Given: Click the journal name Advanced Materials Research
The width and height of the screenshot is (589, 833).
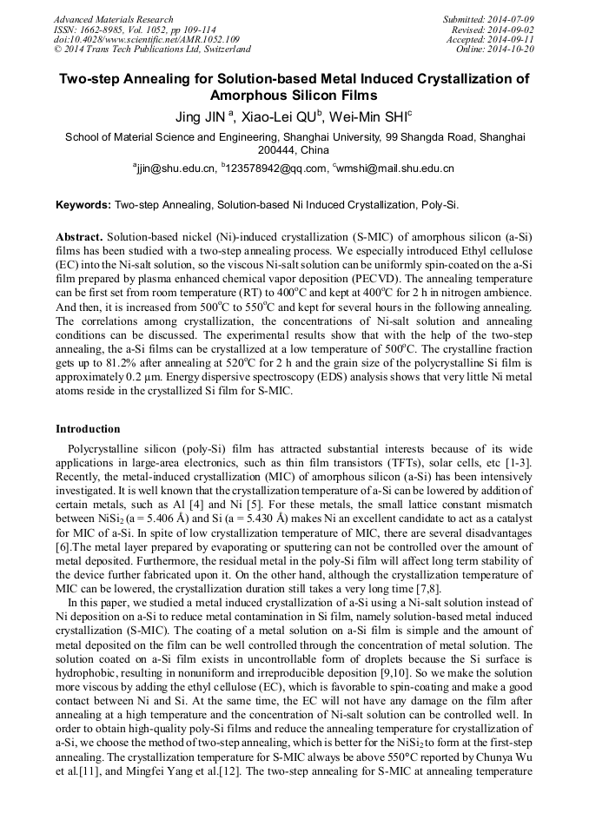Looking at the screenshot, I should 113,19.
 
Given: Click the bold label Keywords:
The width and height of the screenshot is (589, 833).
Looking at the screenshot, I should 83,206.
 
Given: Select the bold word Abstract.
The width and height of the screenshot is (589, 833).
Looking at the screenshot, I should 80,236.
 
